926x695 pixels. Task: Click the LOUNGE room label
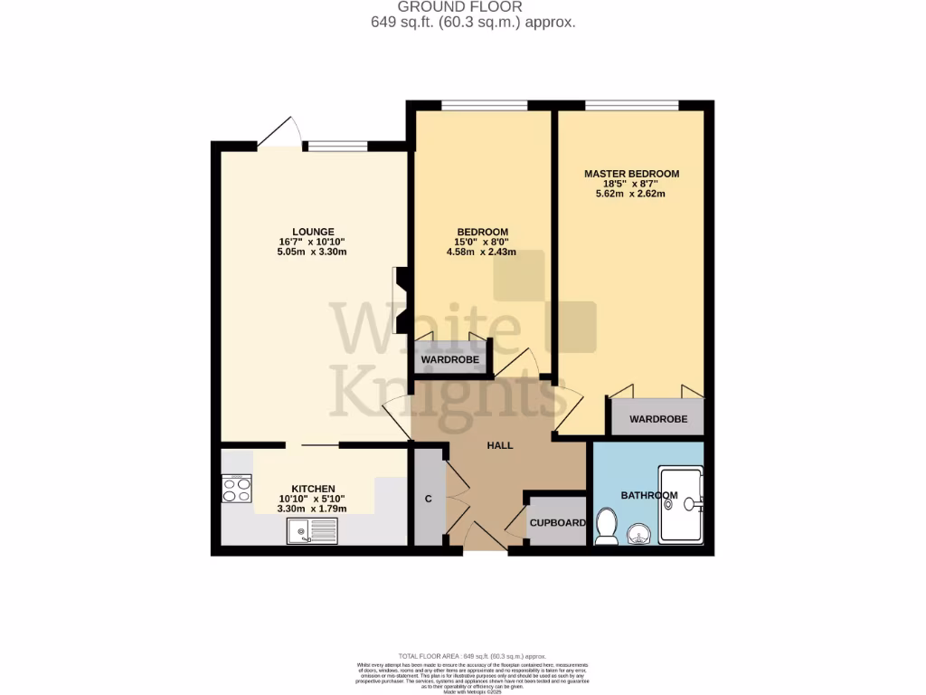(313, 231)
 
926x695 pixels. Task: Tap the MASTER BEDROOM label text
(631, 174)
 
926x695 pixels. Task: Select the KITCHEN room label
(313, 488)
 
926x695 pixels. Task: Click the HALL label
(500, 445)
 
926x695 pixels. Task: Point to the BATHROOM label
(648, 495)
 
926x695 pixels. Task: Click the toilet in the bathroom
(606, 526)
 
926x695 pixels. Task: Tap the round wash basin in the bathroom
(640, 534)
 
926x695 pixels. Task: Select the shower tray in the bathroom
(681, 504)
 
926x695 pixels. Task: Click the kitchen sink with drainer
(311, 532)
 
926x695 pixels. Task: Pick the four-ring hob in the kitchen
(237, 489)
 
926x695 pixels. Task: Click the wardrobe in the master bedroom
(657, 418)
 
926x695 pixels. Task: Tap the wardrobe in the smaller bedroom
(449, 358)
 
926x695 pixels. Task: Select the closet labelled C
(428, 499)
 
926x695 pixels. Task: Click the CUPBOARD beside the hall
(557, 522)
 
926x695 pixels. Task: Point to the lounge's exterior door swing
(280, 132)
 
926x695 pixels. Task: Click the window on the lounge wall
(335, 146)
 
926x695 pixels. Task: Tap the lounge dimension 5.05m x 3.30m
(313, 252)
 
